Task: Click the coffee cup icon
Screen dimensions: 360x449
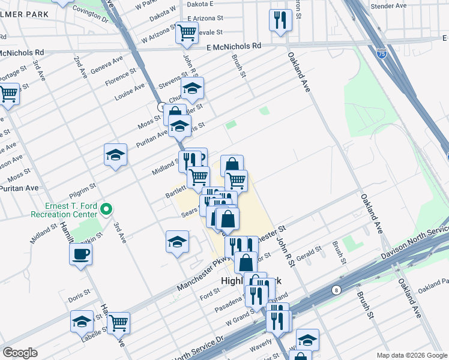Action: pyautogui.click(x=81, y=254)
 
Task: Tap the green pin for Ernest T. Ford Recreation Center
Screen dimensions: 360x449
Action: pyautogui.click(x=106, y=209)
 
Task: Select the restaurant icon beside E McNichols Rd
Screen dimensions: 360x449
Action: pyautogui.click(x=281, y=20)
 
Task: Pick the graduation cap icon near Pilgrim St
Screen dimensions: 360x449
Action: pyautogui.click(x=115, y=155)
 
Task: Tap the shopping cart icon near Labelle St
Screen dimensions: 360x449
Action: pyautogui.click(x=118, y=322)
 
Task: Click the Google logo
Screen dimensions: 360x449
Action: pyautogui.click(x=20, y=353)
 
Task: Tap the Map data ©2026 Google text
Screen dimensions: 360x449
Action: pyautogui.click(x=411, y=355)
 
